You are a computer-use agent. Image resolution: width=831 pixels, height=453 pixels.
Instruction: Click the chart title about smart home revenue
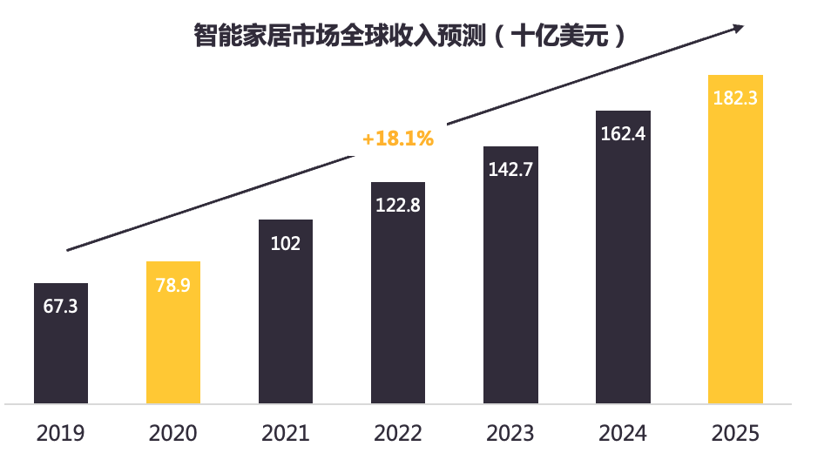(409, 37)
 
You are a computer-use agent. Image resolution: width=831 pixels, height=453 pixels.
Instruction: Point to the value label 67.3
(61, 307)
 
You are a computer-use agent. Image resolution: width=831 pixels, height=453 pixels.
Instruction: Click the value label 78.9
(173, 286)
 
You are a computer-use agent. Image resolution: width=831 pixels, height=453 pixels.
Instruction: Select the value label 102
(286, 244)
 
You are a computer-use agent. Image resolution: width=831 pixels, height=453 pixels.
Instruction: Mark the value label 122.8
(398, 206)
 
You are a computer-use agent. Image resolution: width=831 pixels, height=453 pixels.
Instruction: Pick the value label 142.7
(510, 171)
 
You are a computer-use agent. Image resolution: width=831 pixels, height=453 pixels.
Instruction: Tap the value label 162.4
(623, 134)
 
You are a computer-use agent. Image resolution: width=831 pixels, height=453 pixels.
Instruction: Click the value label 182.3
(735, 98)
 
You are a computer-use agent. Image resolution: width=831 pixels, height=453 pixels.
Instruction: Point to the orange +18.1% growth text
(398, 139)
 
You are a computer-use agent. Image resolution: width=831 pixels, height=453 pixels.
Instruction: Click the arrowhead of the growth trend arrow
(738, 28)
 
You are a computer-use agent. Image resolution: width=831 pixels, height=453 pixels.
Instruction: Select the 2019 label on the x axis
(61, 433)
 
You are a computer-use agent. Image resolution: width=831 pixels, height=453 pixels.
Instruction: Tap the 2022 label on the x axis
(398, 433)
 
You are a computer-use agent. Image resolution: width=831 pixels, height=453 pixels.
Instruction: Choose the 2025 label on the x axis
(735, 433)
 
